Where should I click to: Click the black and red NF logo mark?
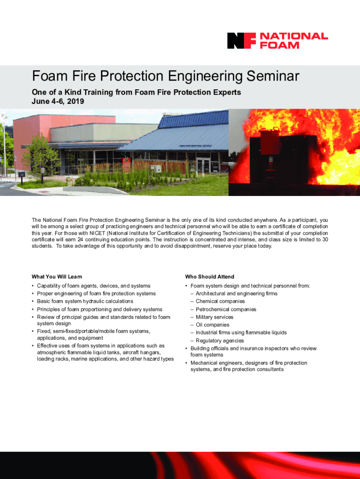tap(241, 41)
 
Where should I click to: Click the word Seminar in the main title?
tap(273, 76)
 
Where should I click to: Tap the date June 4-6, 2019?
tap(58, 102)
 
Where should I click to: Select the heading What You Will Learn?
tap(57, 277)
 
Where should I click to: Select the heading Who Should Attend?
tap(209, 277)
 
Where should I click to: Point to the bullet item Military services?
tap(214, 317)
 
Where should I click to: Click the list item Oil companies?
tap(213, 325)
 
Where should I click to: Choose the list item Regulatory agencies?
tap(220, 341)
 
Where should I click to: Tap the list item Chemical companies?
tap(220, 301)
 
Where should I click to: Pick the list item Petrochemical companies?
tap(226, 309)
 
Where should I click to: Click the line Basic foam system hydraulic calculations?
tap(85, 301)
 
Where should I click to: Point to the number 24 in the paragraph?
tap(80, 239)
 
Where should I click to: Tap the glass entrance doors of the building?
tap(203, 166)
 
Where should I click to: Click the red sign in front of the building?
tap(126, 165)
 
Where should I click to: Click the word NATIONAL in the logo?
tap(294, 36)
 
